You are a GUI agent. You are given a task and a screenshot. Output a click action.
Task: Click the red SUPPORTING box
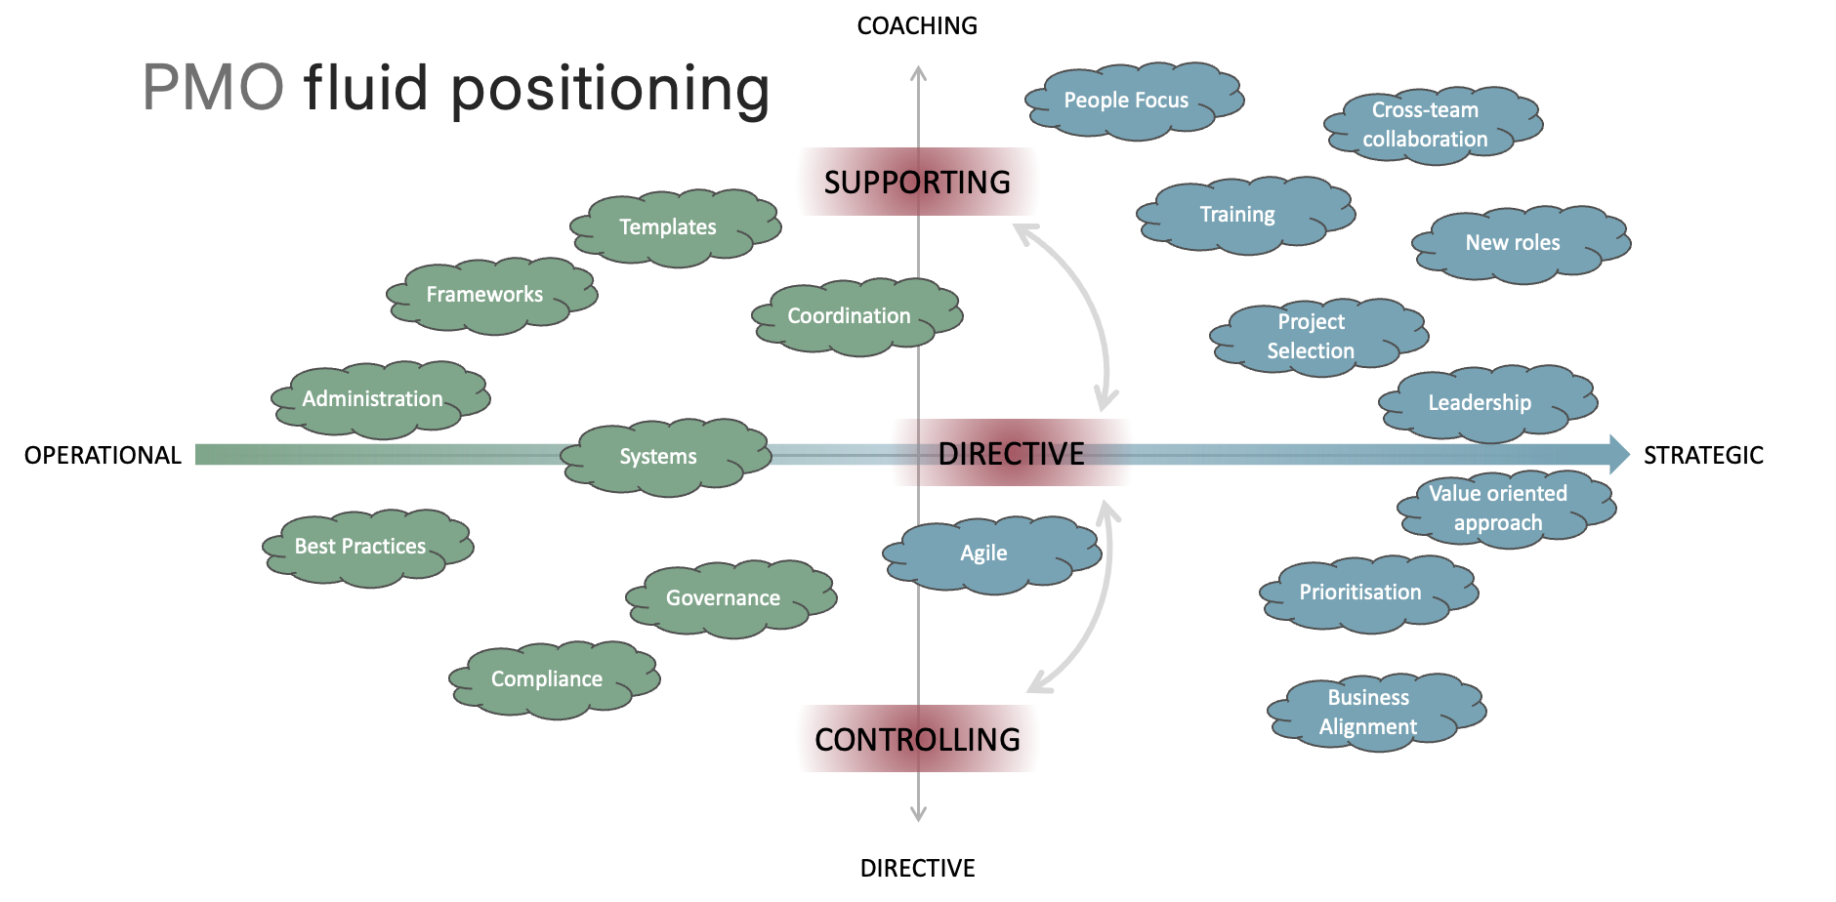tap(917, 182)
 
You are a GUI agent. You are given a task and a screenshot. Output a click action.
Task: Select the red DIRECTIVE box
tap(1011, 453)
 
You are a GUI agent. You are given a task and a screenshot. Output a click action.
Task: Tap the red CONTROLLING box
tap(917, 739)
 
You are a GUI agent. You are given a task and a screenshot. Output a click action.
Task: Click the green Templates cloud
tap(672, 227)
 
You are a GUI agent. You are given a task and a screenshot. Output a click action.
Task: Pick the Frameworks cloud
tap(488, 295)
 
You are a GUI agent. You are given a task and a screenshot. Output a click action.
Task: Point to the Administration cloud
tap(377, 399)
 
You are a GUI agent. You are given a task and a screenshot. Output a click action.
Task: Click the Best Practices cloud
tap(364, 547)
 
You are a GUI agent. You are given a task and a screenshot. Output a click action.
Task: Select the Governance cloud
tap(728, 598)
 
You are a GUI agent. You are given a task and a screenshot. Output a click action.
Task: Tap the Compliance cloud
tap(551, 679)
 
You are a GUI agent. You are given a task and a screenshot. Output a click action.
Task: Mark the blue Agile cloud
tap(988, 553)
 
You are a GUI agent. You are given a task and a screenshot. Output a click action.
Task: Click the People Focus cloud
tap(1130, 101)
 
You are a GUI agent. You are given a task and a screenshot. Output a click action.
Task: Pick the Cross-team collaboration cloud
tap(1429, 125)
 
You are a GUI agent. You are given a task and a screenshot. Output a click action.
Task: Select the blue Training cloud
tap(1241, 215)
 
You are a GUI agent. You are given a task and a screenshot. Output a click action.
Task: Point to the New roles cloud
tap(1517, 243)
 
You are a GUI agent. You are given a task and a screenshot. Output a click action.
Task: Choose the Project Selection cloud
tap(1314, 337)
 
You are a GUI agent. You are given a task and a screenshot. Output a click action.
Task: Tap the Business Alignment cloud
tap(1372, 713)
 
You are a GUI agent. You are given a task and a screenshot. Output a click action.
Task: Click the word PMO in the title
tap(213, 88)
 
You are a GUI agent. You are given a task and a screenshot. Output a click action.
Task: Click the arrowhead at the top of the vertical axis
tap(918, 72)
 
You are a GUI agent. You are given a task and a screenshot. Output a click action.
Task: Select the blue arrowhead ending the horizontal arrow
tap(1618, 454)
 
